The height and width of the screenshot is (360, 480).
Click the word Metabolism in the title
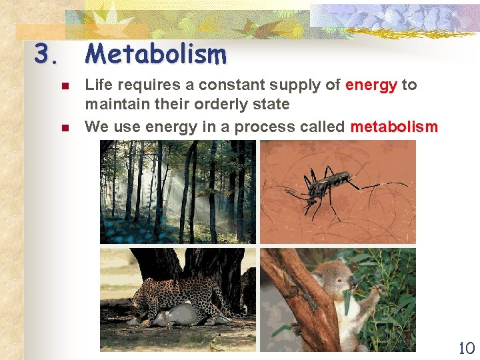[x=156, y=54]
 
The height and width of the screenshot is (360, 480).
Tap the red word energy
[x=371, y=85]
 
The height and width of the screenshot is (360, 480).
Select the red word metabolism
[x=394, y=127]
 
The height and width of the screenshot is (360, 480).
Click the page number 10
[x=466, y=347]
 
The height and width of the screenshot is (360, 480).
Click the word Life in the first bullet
[x=97, y=85]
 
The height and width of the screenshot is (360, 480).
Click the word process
[x=271, y=127]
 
